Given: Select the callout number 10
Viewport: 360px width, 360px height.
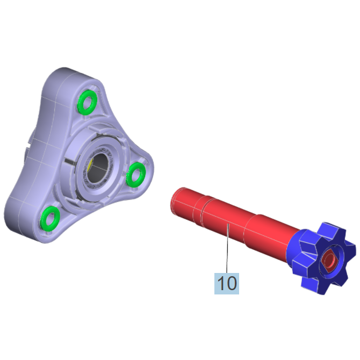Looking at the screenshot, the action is pyautogui.click(x=227, y=284).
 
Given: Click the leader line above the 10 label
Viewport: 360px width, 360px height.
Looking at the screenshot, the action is pyautogui.click(x=227, y=248).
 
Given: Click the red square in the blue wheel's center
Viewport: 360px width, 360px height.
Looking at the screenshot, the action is pyautogui.click(x=329, y=261).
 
